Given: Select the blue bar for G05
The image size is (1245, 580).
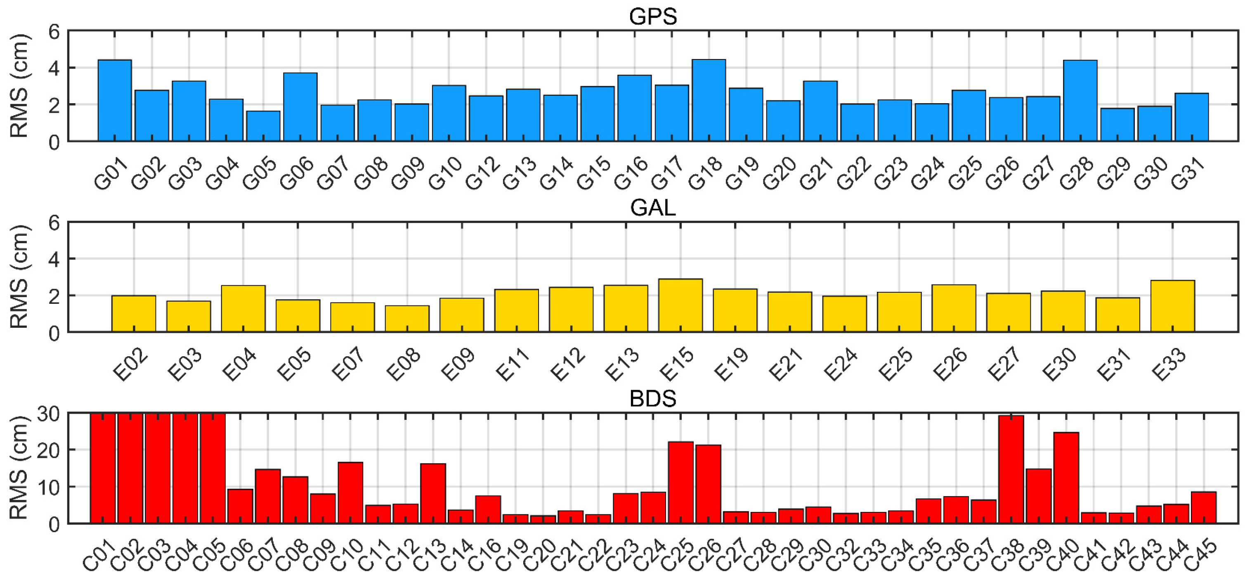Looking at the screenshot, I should (x=263, y=126).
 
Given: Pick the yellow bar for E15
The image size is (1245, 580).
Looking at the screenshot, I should (x=680, y=305).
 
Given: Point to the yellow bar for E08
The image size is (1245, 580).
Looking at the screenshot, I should (x=407, y=319).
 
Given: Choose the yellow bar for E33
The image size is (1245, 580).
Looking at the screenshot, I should (x=1172, y=306).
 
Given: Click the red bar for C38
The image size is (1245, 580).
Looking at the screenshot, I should (x=1011, y=469).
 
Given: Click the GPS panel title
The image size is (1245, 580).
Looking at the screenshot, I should (x=653, y=17).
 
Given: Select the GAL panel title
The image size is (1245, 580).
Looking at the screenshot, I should (x=653, y=208).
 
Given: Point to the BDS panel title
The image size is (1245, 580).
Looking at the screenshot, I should (x=653, y=399).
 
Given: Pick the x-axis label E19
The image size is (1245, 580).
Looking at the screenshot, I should (x=731, y=365).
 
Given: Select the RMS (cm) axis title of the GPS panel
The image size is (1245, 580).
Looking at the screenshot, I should (x=19, y=86).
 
